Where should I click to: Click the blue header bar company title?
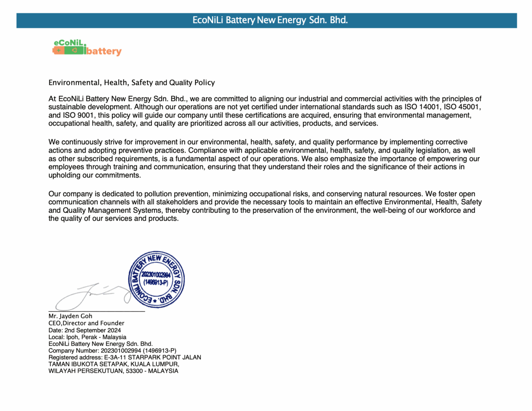pyautogui.click(x=270, y=20)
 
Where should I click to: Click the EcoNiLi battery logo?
pyautogui.click(x=87, y=48)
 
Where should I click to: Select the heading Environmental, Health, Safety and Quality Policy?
pyautogui.click(x=131, y=83)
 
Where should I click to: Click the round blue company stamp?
pyautogui.click(x=156, y=279)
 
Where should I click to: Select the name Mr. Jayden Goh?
pyautogui.click(x=70, y=316)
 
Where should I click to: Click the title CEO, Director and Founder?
pyautogui.click(x=86, y=323)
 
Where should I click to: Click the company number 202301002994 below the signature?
pyautogui.click(x=121, y=350)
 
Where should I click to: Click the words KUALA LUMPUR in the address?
pyautogui.click(x=155, y=364)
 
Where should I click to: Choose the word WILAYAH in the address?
pyautogui.click(x=62, y=371)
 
